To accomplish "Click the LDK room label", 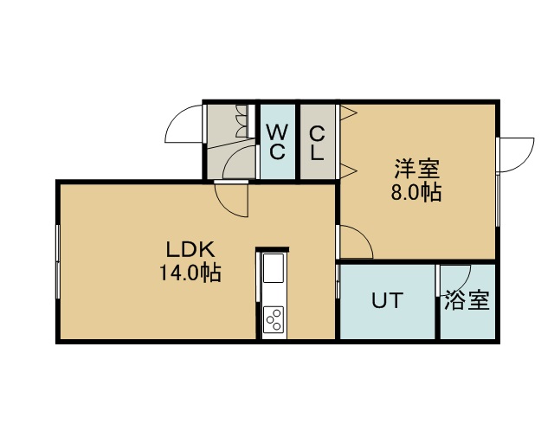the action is (x=190, y=250).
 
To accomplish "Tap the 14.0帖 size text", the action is (x=190, y=273).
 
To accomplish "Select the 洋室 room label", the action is (x=417, y=170).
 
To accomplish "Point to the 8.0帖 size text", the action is (x=416, y=193).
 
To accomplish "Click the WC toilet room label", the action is (x=277, y=142).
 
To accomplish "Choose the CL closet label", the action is (x=317, y=144).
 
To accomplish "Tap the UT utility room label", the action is (x=387, y=300).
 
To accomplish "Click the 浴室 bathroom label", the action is (x=467, y=300).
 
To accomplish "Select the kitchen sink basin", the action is (x=274, y=268).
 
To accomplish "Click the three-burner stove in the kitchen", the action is (x=274, y=319).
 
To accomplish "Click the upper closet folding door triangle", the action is (x=348, y=113).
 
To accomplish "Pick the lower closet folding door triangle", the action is (x=348, y=171).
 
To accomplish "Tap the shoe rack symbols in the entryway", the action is (x=242, y=120).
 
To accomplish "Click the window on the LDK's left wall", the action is (x=58, y=262).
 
